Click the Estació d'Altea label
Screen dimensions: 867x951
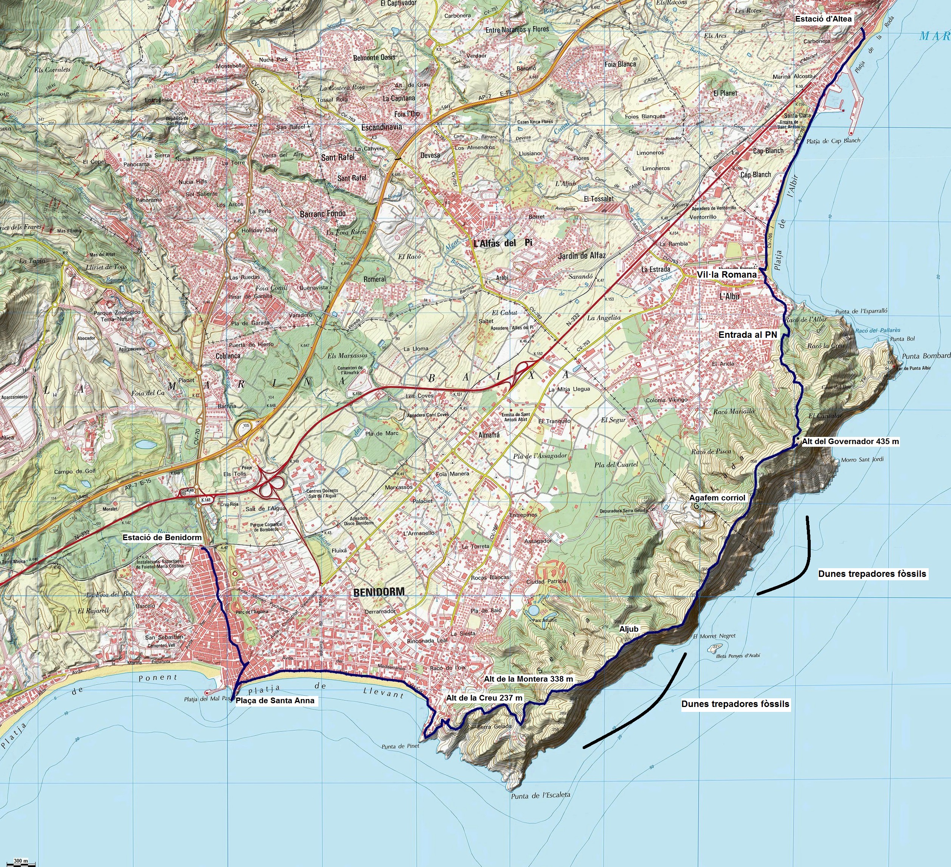(x=824, y=19)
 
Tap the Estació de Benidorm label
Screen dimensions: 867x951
(x=162, y=538)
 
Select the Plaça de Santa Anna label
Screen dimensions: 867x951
(x=275, y=701)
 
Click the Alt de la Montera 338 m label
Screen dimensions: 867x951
(x=528, y=679)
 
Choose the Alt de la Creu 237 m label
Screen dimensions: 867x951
(x=484, y=698)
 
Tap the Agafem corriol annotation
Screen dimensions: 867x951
(x=717, y=497)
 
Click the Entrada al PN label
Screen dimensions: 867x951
(x=748, y=335)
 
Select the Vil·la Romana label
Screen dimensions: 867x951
(x=726, y=274)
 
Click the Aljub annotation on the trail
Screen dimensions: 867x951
(x=629, y=629)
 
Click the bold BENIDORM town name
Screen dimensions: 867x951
(x=379, y=592)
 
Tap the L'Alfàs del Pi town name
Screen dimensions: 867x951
(x=503, y=242)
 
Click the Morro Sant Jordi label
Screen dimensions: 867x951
(x=862, y=459)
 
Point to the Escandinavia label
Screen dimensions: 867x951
(x=381, y=127)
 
